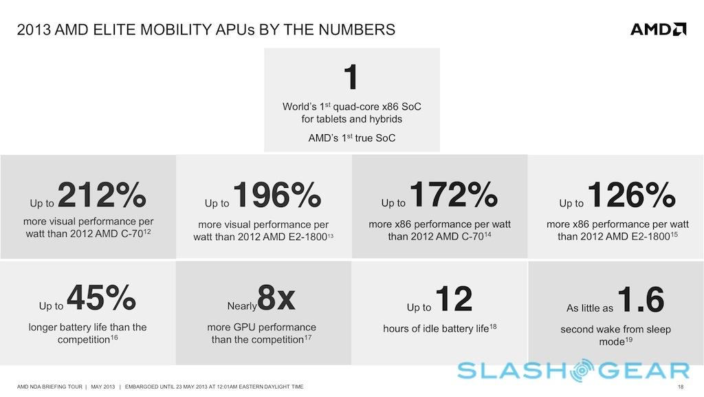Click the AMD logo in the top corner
tap(658, 29)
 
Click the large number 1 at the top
tap(351, 77)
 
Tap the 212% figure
tap(102, 195)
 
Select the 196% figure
tap(277, 195)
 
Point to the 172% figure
tap(454, 195)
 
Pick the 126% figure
tap(631, 195)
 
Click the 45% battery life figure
tap(100, 298)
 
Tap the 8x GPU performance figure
tap(276, 298)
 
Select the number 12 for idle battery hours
tap(454, 299)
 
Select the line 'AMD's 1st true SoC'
tap(351, 138)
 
